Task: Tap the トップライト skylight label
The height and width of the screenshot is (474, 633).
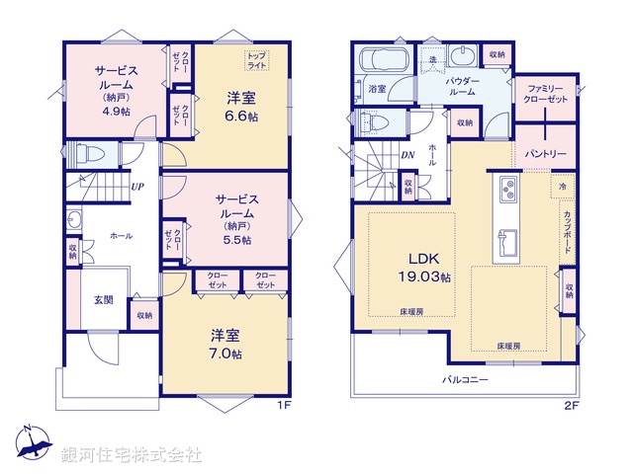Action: (x=256, y=61)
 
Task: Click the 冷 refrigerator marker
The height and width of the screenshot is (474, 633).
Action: (x=561, y=186)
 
